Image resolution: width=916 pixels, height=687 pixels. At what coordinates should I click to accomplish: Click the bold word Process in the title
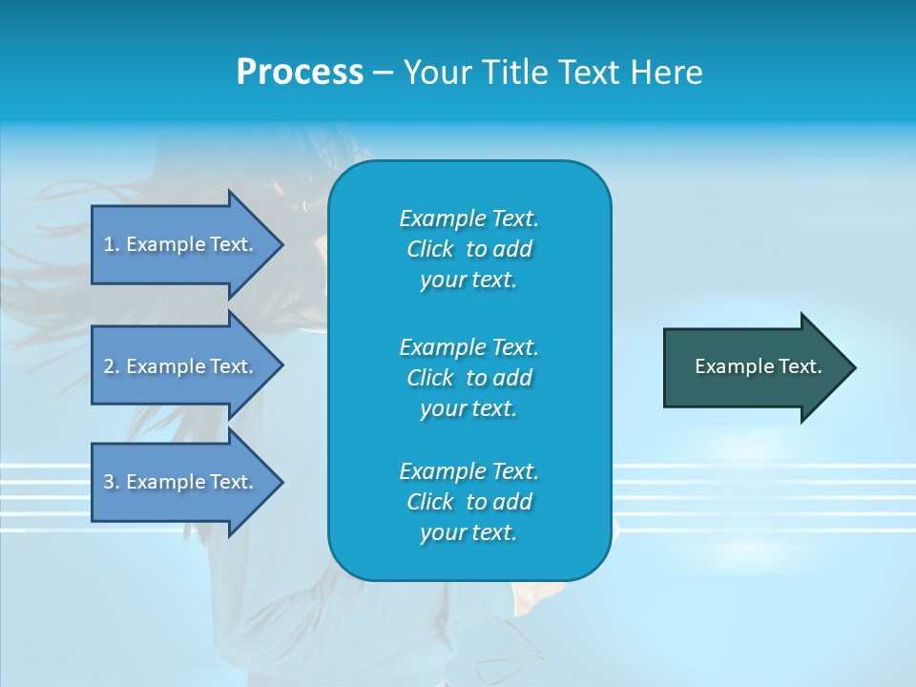point(300,73)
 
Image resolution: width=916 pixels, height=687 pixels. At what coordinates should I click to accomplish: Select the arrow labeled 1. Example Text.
point(181,244)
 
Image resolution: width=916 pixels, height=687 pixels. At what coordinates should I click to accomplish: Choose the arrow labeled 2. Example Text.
point(181,366)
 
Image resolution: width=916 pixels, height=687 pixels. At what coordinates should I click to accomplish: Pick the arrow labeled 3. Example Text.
point(181,482)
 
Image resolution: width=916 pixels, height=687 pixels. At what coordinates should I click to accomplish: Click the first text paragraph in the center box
point(468,249)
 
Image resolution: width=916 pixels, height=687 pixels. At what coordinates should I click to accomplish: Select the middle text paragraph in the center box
point(468,378)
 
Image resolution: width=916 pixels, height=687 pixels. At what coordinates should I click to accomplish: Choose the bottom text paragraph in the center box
point(468,502)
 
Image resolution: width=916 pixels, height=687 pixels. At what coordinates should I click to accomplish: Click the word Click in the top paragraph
point(429,249)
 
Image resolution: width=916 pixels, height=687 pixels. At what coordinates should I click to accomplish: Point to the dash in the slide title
point(383,73)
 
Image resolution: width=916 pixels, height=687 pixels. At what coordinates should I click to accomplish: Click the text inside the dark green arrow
point(758,366)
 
